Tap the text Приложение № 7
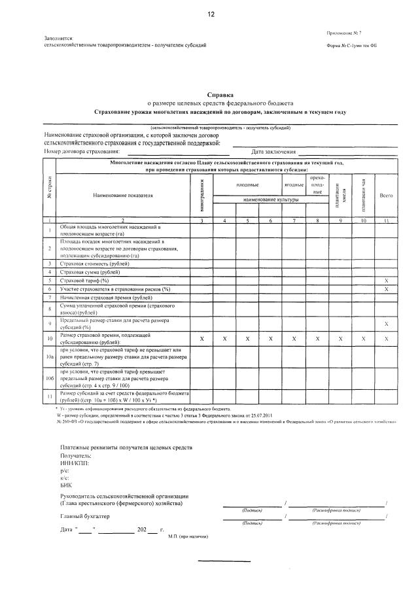pos(348,33)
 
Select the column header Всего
pos(386,195)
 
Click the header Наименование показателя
pos(122,195)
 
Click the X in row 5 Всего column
pos(386,280)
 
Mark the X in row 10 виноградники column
pos(203,339)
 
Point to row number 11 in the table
pos(50,396)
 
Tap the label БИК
pos(65,485)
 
